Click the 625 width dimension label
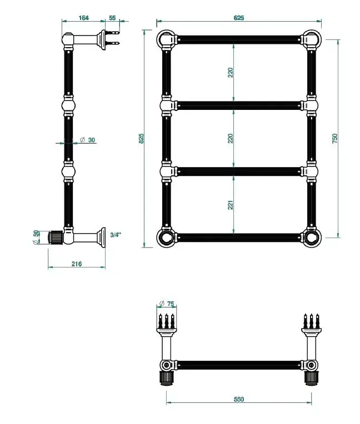coord(238,18)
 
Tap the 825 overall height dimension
coord(141,138)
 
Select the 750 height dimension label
coord(335,138)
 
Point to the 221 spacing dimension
coord(230,205)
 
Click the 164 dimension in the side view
coord(84,18)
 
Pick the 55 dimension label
coord(112,18)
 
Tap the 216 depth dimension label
coord(77,264)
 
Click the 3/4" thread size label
coord(116,235)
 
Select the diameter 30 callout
coord(88,140)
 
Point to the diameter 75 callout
coord(167,304)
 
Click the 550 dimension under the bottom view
coord(238,399)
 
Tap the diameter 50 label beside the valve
coord(36,237)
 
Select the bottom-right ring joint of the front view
coord(312,238)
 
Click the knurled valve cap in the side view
coord(56,237)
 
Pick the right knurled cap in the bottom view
coord(312,378)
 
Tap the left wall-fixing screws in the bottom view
coord(167,321)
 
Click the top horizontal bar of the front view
coord(238,39)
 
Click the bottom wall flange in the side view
coord(102,238)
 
